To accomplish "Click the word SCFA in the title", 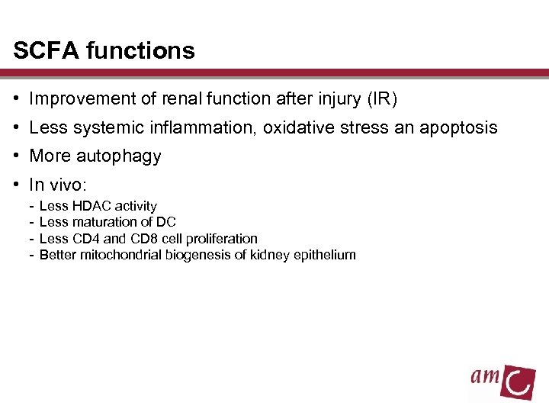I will coord(47,51).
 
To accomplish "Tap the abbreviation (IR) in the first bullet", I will coord(382,98).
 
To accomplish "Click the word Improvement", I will coord(80,98).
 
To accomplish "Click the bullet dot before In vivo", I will coord(16,185).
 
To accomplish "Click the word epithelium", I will coord(326,255).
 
